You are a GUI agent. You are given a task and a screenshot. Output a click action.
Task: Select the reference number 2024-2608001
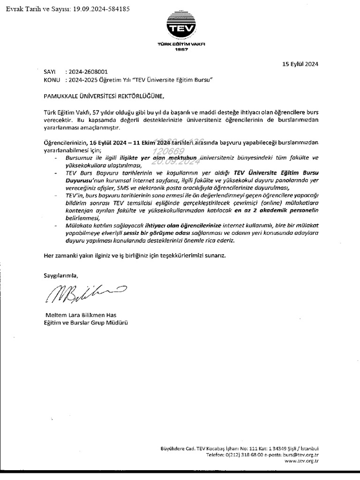[x=88, y=72]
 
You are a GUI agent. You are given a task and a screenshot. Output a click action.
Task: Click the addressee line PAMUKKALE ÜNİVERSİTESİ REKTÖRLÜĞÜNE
[x=101, y=97]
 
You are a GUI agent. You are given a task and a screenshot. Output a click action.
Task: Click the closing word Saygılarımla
[x=59, y=275]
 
